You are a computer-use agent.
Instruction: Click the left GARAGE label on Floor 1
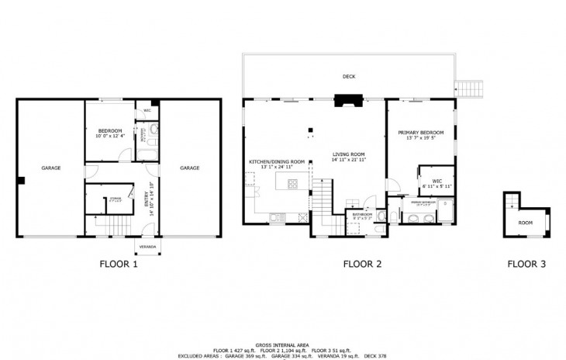pyautogui.click(x=51, y=168)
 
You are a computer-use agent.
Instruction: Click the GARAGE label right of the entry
pyautogui.click(x=190, y=168)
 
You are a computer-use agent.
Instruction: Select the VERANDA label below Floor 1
pyautogui.click(x=147, y=247)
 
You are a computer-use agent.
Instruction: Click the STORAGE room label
pyautogui.click(x=116, y=199)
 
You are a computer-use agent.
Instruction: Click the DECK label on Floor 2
pyautogui.click(x=349, y=76)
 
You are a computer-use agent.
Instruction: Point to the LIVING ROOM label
pyautogui.click(x=348, y=154)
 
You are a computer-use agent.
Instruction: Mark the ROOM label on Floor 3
pyautogui.click(x=526, y=223)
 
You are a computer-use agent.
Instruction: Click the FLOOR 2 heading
pyautogui.click(x=363, y=264)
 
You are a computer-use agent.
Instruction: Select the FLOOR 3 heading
pyautogui.click(x=526, y=264)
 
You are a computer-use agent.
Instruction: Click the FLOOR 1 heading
pyautogui.click(x=119, y=264)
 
